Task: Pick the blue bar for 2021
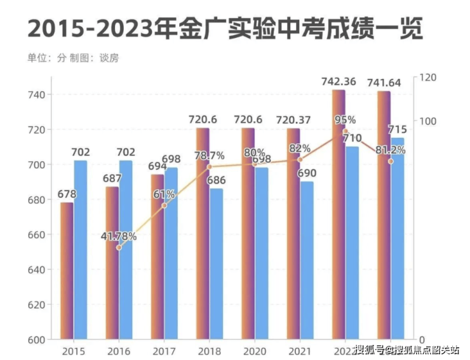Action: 306,260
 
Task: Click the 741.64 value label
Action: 384,83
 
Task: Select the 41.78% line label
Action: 119,236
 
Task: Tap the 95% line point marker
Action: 346,131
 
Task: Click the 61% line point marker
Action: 164,205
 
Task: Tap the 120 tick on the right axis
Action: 429,77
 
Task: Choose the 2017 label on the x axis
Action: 164,350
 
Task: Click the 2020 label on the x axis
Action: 254,350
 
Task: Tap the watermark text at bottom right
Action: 406,349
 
